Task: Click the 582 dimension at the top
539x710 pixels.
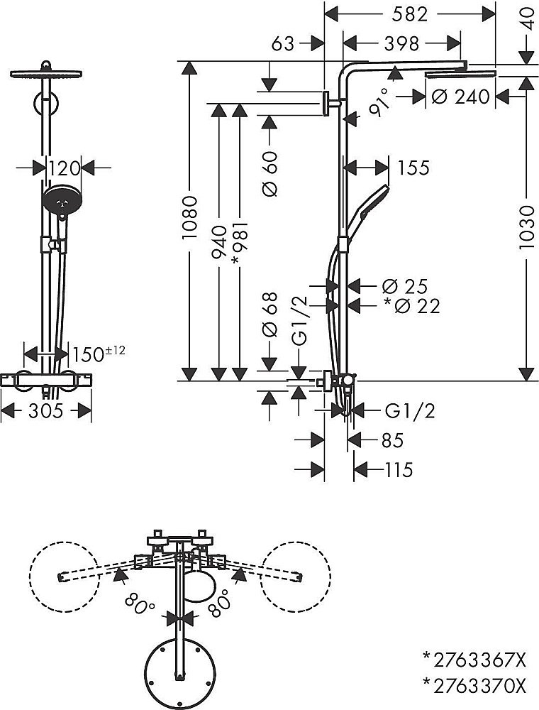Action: click(410, 13)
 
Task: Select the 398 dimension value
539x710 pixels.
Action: click(402, 44)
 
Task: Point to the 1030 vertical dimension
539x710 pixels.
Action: click(526, 227)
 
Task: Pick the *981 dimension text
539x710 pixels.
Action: click(240, 245)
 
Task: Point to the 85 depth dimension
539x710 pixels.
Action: click(391, 440)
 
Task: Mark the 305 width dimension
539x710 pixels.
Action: click(47, 410)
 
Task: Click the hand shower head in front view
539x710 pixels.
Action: click(63, 200)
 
